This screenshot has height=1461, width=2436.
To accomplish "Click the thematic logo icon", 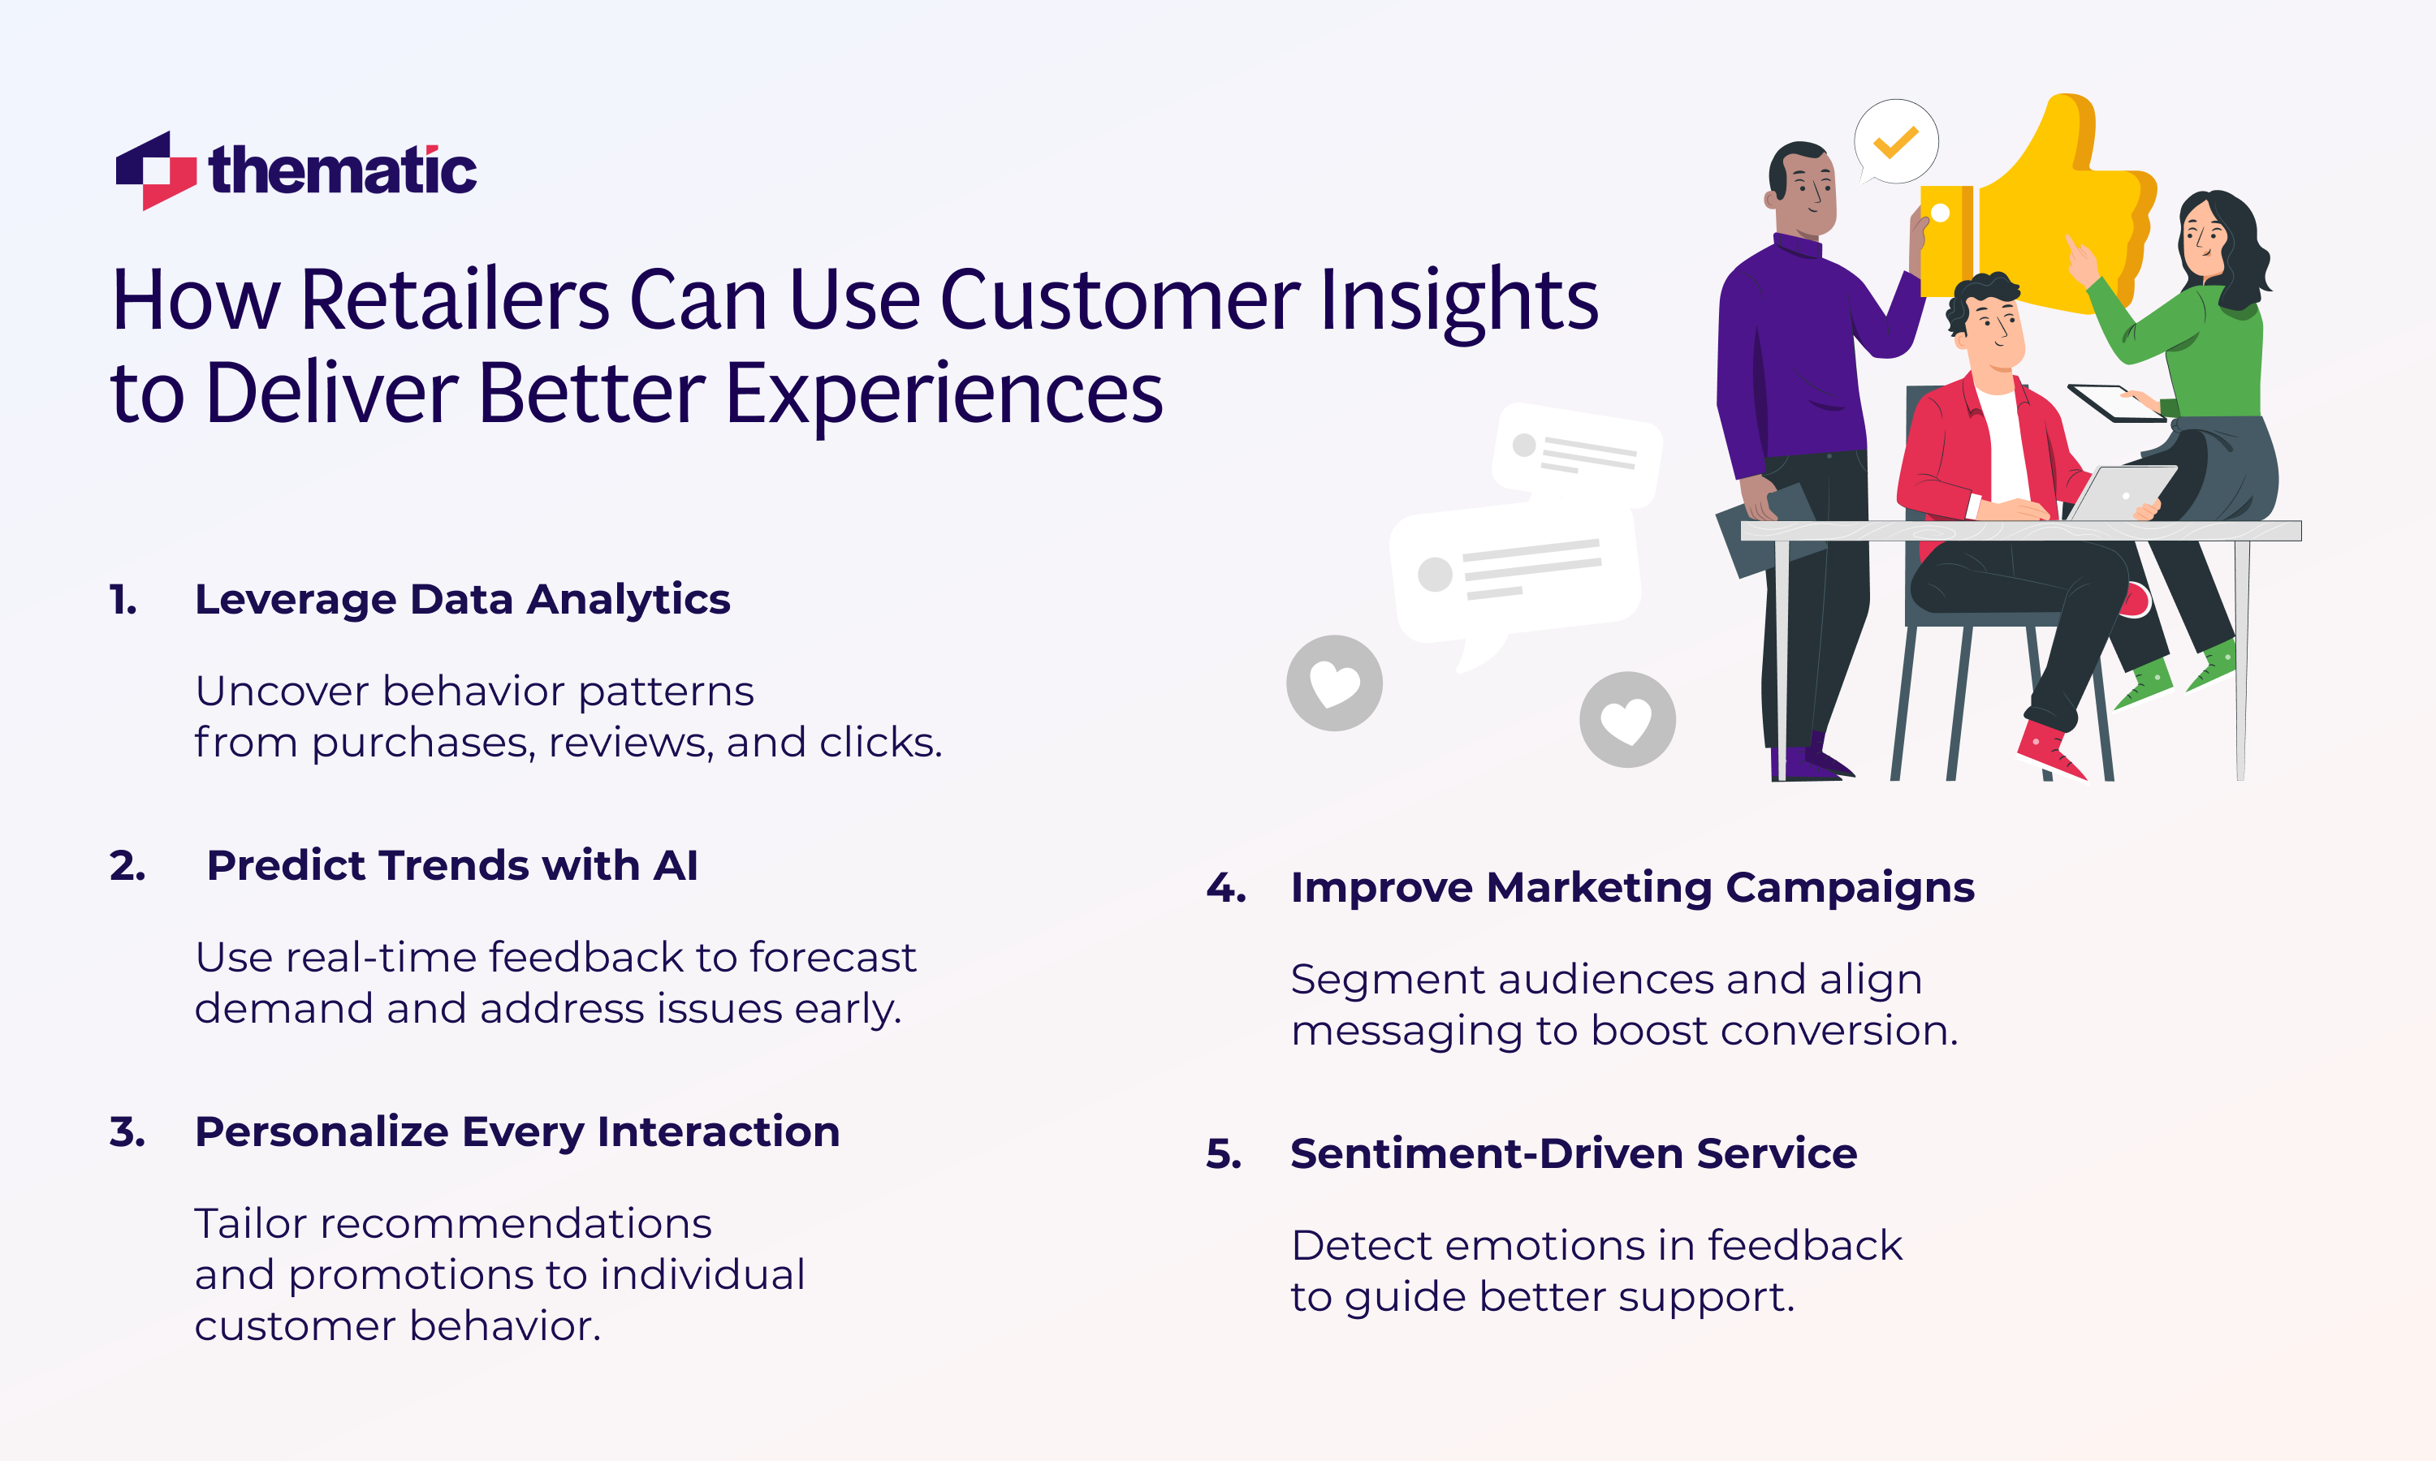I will coord(156,170).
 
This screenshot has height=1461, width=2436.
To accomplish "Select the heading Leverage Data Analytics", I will coord(462,600).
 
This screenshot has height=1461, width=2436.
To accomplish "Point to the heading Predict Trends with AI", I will coord(452,865).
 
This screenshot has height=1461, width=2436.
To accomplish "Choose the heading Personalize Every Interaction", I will coord(517,1131).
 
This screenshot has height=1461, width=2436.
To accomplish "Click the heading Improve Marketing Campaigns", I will coord(1631,887).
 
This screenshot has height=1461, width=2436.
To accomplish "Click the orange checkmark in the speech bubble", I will coord(1895,142).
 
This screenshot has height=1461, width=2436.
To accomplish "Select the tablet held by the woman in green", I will coord(2115,402).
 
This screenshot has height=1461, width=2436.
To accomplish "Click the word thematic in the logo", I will coord(342,171).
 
